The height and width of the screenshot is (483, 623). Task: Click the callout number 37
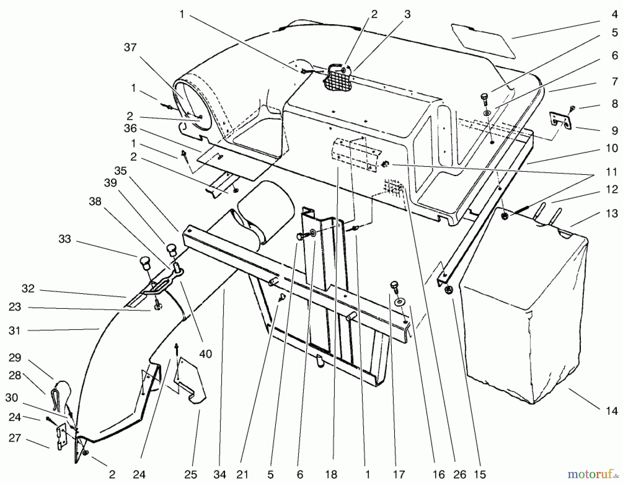130,47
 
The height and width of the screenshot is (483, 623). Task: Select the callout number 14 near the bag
612,411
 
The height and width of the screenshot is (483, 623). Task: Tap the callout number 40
206,354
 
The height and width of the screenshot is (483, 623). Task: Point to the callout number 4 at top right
615,14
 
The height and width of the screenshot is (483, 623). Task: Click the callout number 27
15,438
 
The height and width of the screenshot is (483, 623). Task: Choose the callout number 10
612,148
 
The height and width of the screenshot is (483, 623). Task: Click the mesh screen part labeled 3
337,79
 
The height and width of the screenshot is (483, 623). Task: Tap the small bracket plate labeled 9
560,121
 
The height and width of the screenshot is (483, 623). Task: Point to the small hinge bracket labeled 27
61,437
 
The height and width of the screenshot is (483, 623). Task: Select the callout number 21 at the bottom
242,474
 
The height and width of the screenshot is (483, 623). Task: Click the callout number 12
612,190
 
